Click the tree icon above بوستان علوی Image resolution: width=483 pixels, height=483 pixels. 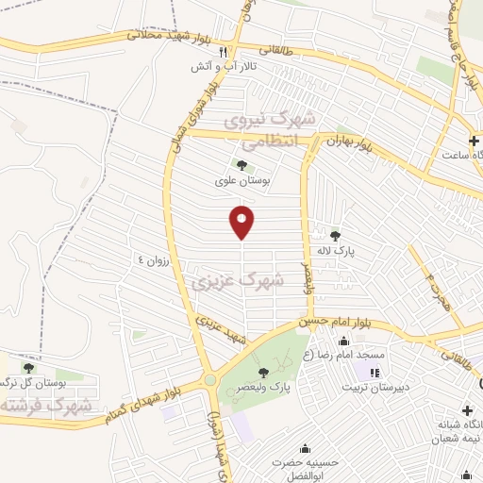242,165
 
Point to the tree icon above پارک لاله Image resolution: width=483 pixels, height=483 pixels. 335,236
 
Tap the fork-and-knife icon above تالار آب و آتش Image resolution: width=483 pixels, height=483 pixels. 223,53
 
